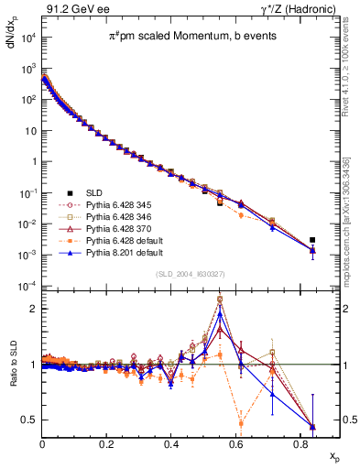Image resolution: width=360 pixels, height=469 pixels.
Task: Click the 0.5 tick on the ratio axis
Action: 32,420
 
